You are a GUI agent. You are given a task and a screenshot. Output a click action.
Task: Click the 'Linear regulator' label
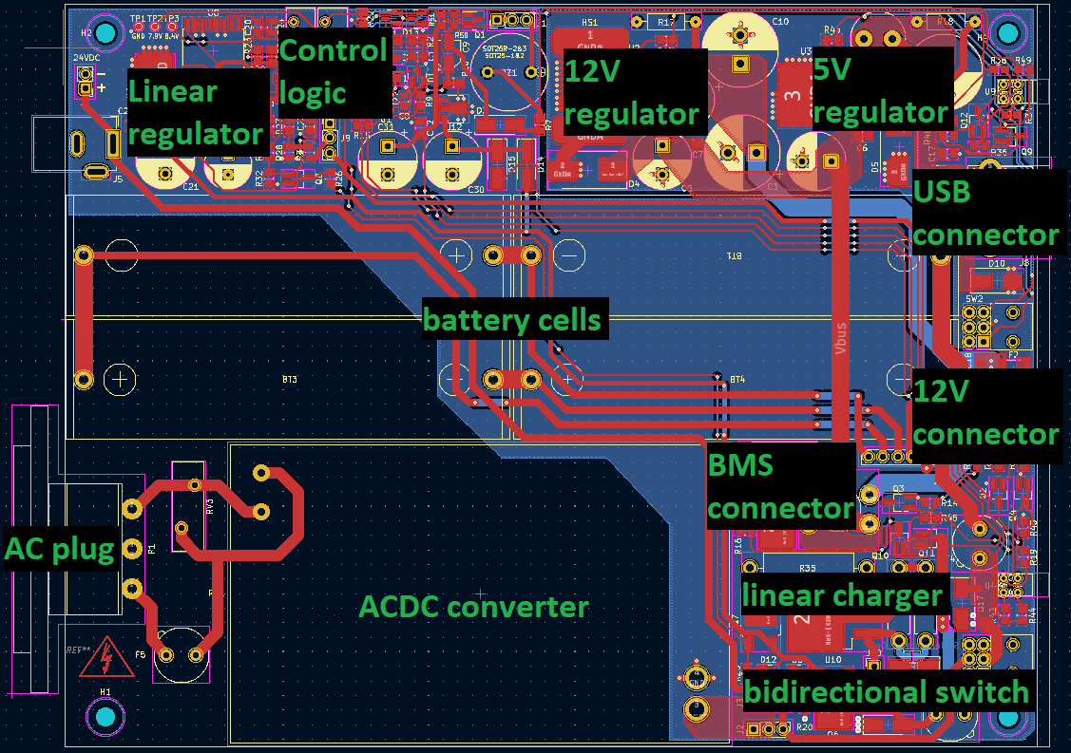pos(197,112)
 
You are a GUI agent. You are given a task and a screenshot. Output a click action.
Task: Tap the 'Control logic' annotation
pos(334,71)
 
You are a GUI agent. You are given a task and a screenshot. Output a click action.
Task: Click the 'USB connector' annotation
pos(985,213)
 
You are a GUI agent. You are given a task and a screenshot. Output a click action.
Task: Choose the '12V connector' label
pos(985,412)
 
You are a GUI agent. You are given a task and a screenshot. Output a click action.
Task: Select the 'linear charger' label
pos(842,595)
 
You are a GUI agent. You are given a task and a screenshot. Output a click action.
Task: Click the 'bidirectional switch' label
pos(886,691)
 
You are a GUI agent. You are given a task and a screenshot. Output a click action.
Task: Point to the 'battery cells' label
pos(512,319)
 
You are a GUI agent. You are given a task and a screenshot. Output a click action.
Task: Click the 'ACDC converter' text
pos(474,606)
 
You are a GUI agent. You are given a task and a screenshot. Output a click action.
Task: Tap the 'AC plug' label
pos(60,548)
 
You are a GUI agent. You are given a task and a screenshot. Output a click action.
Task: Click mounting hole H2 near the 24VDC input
pos(105,34)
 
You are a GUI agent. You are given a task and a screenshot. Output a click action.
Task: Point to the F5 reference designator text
pos(141,654)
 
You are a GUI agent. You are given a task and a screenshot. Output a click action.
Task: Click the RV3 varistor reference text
pos(209,508)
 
